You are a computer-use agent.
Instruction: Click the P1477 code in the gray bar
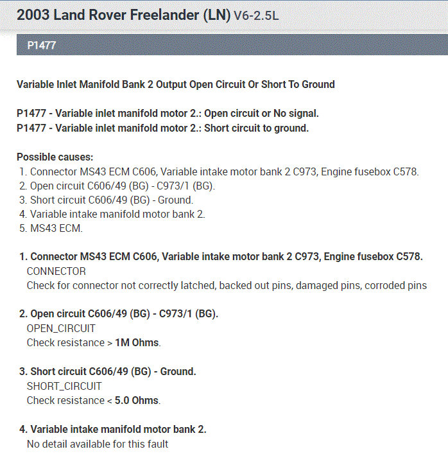tap(42, 46)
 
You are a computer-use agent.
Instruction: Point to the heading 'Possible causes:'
tap(55, 157)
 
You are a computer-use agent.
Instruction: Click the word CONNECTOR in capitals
tap(56, 272)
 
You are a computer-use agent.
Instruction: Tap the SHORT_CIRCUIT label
tap(64, 386)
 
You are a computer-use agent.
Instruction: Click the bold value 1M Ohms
tap(137, 343)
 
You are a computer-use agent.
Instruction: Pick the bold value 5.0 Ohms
tap(137, 400)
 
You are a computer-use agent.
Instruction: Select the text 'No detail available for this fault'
tap(98, 443)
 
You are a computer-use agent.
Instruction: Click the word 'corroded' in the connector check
tap(384, 286)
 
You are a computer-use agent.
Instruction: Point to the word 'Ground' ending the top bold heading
tap(317, 85)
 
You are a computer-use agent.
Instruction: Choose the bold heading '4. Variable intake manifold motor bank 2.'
tap(113, 429)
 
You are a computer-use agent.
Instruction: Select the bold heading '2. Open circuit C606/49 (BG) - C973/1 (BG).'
tap(119, 314)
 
